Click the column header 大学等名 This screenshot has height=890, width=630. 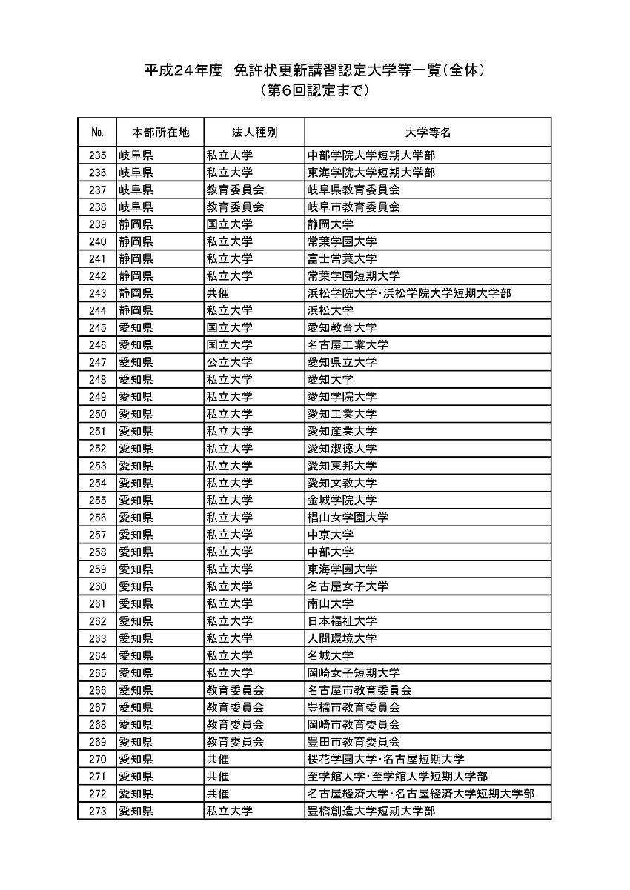pos(428,133)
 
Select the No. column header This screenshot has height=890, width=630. pos(96,133)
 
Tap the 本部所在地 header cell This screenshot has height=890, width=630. pos(160,133)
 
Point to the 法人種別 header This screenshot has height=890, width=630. pos(254,133)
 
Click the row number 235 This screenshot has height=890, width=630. pos(97,155)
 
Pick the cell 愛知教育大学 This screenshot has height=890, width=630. pos(342,327)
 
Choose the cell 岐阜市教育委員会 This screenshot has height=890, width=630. pos(354,207)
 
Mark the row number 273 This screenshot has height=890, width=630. pos(97,811)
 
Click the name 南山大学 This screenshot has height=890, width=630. pos(331,603)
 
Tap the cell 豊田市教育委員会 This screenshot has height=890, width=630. pos(354,741)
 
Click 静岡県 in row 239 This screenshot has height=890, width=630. pos(136,224)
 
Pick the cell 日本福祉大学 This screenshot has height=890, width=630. pos(342,620)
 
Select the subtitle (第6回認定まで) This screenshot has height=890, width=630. pos(314,92)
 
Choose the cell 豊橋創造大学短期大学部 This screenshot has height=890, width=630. pos(371,811)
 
